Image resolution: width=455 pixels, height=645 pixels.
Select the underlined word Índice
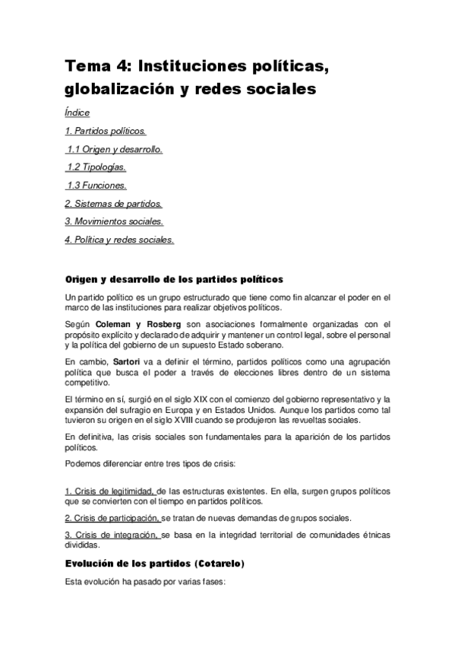(x=77, y=113)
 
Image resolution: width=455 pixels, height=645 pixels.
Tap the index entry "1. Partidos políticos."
(x=106, y=131)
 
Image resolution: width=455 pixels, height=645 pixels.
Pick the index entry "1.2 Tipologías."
(x=96, y=167)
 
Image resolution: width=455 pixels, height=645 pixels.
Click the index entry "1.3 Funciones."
(x=96, y=185)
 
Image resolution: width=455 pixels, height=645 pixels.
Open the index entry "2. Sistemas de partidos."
(x=113, y=203)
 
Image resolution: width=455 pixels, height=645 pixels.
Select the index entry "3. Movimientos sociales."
(x=114, y=221)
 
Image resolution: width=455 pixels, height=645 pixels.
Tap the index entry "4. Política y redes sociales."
(x=120, y=240)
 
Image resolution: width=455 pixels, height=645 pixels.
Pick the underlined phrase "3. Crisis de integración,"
(x=112, y=535)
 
